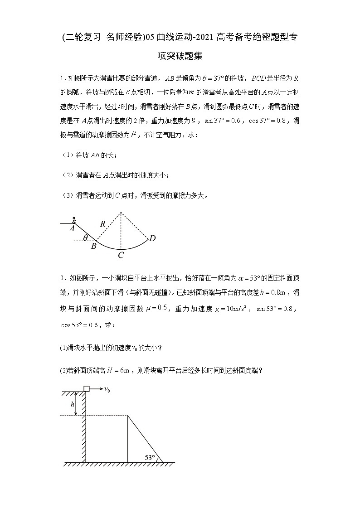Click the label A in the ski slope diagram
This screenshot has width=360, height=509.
tap(72, 229)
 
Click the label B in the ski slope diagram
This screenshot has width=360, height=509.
tap(93, 246)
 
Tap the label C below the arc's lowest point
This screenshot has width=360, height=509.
tap(121, 255)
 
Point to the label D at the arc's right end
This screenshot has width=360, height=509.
tap(152, 238)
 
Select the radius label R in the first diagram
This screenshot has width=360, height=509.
tap(103, 223)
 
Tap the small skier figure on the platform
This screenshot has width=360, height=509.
tap(74, 220)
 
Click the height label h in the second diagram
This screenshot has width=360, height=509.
tap(73, 404)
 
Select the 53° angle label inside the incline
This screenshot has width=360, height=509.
tap(150, 457)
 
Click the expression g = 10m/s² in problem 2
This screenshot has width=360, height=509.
tap(229, 309)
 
